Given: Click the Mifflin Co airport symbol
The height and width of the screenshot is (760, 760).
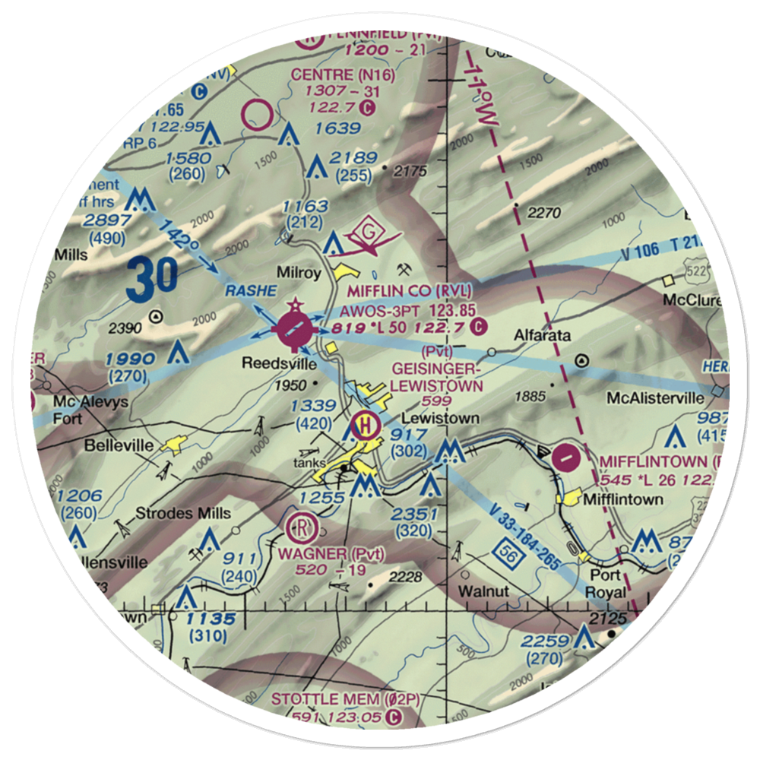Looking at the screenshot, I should coord(294,329).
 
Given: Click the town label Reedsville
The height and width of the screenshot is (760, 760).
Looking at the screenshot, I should coord(273,364).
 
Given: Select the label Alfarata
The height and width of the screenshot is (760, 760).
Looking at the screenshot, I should coord(541,334).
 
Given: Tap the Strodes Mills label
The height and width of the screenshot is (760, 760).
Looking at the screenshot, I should coord(183,514).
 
